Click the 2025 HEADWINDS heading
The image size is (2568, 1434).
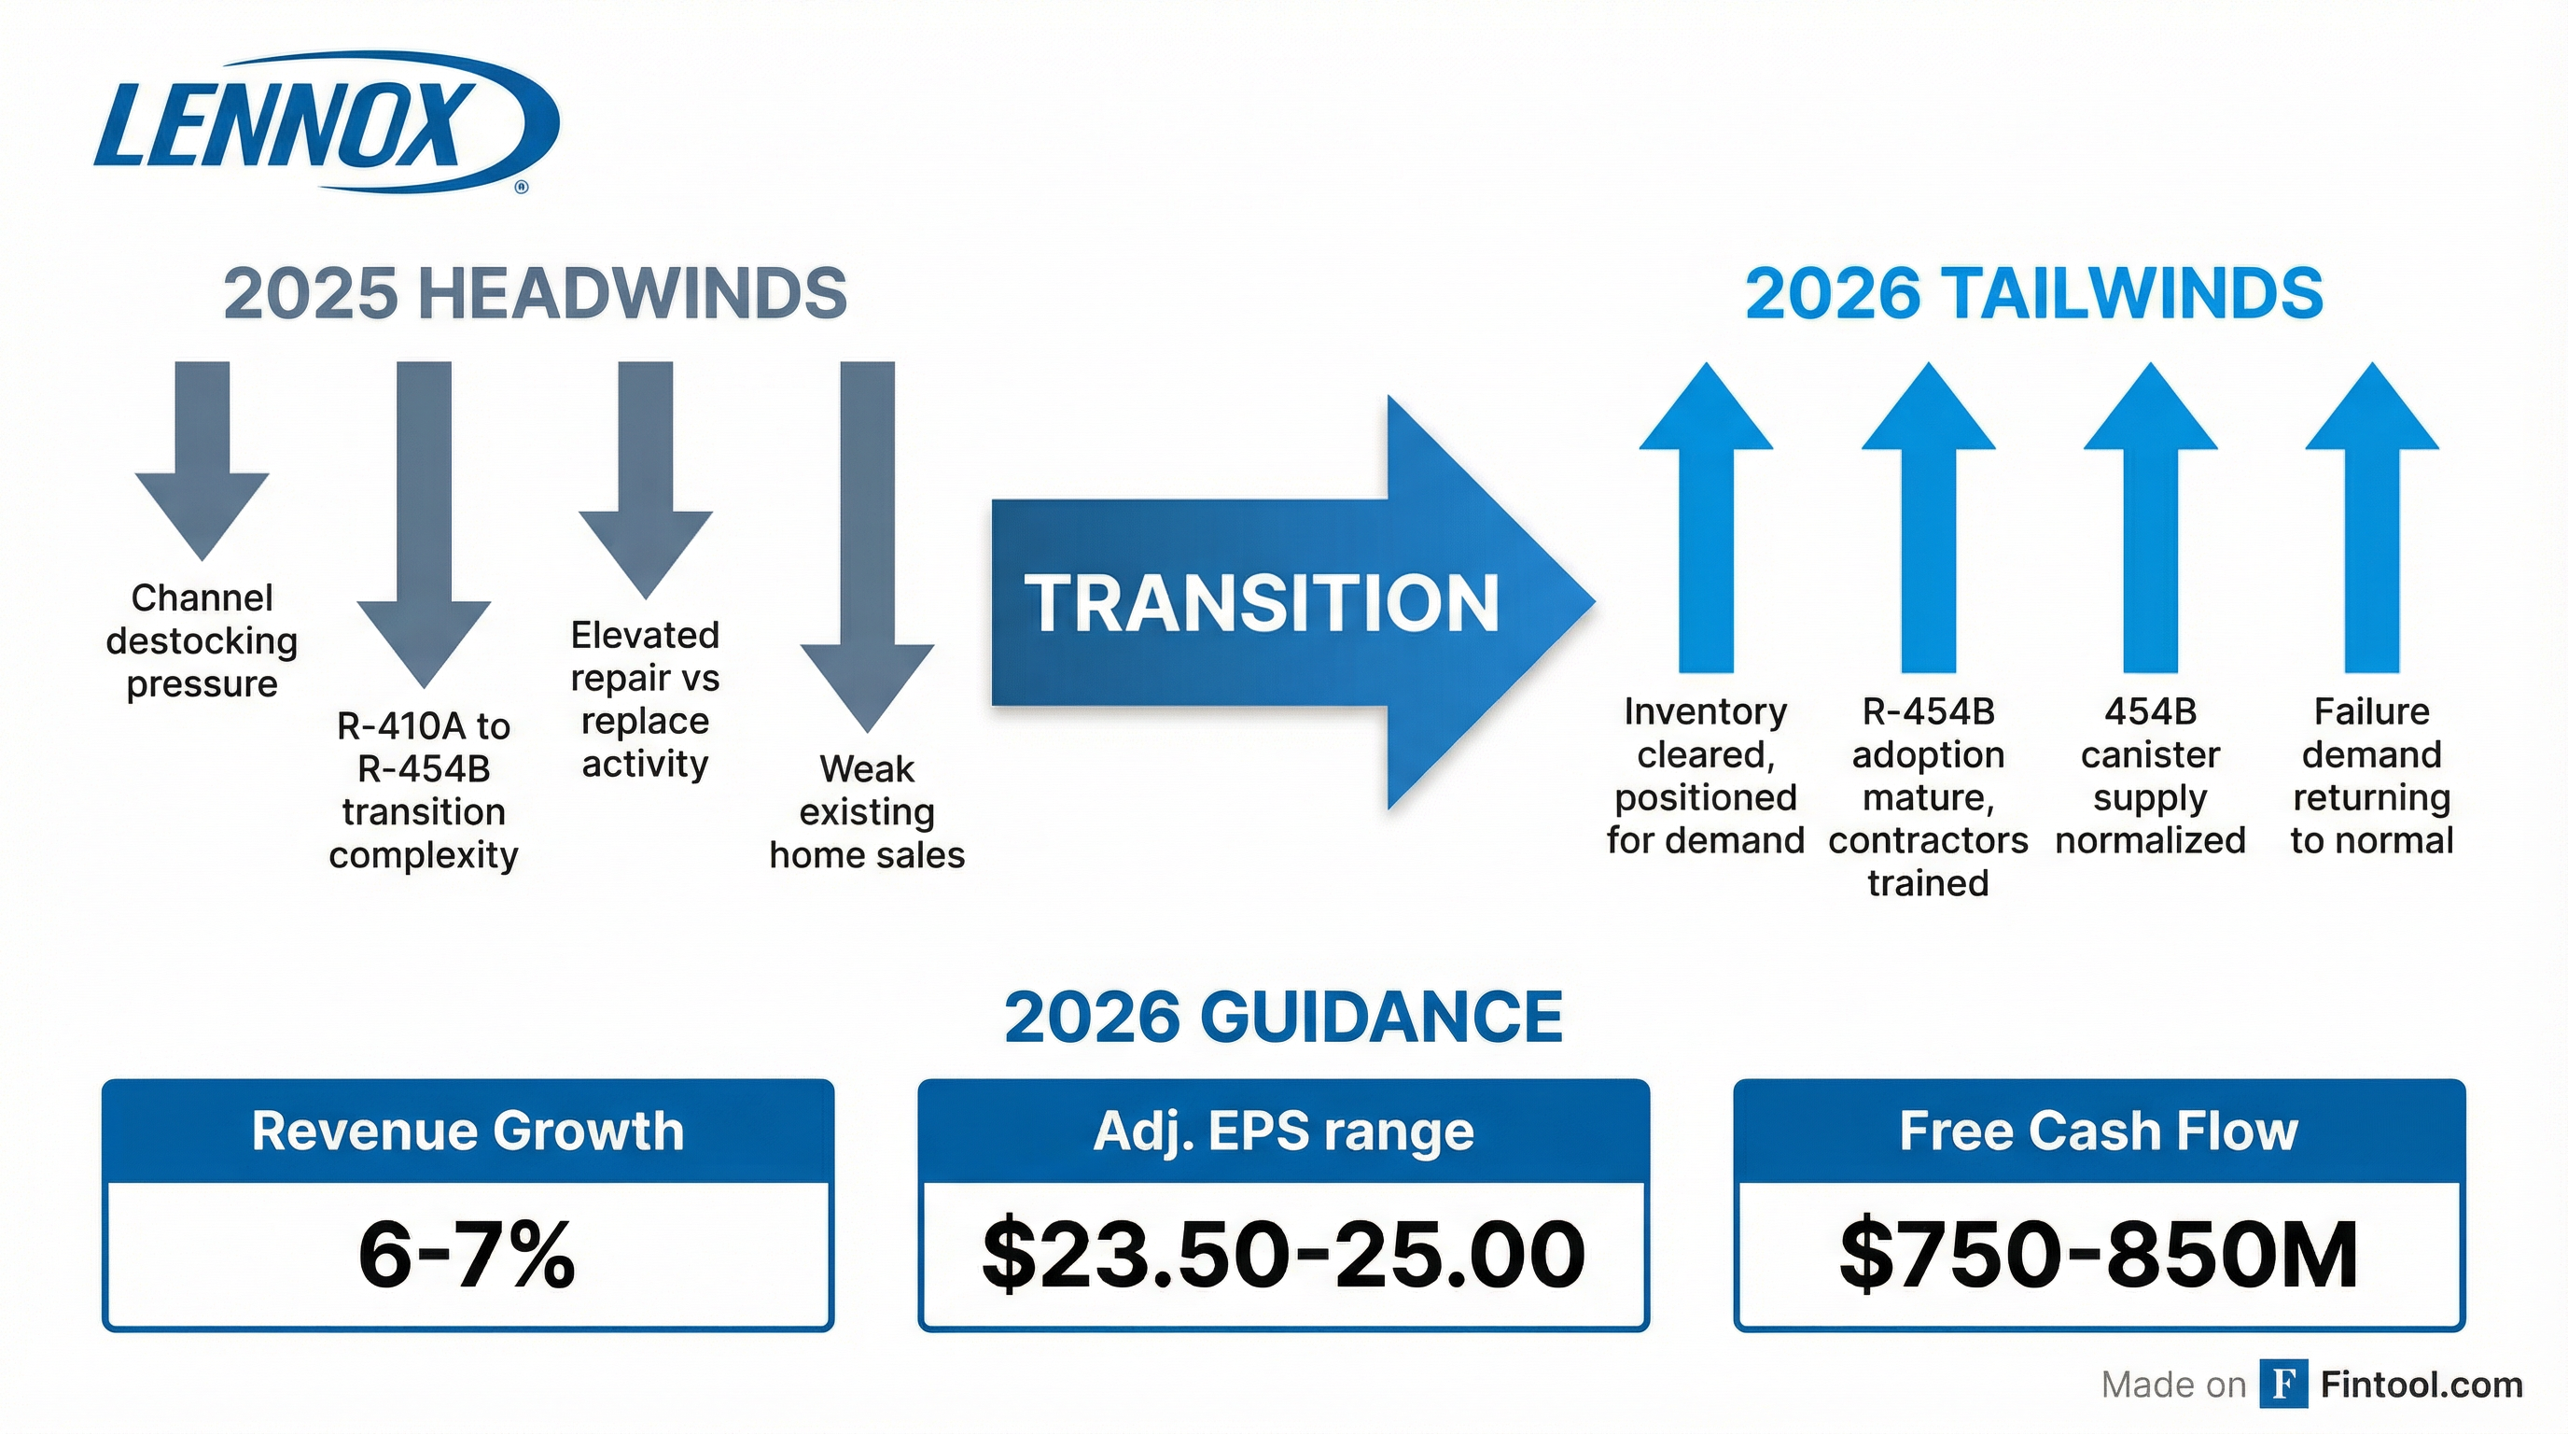pyautogui.click(x=535, y=293)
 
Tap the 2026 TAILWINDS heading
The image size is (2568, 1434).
pyautogui.click(x=2033, y=293)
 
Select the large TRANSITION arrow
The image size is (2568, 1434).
pyautogui.click(x=1286, y=602)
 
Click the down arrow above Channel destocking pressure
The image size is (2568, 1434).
pyautogui.click(x=202, y=458)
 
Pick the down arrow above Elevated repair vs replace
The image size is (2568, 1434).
pyautogui.click(x=646, y=479)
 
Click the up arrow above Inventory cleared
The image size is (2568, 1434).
pyautogui.click(x=1706, y=518)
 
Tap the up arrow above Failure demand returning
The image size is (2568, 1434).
pyautogui.click(x=2372, y=518)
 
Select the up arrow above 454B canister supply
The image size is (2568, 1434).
pyautogui.click(x=2150, y=518)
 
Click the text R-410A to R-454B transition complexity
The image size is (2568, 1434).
pyautogui.click(x=424, y=790)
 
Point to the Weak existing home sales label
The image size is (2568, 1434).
pyautogui.click(x=867, y=811)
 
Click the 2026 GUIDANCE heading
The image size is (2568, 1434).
pyautogui.click(x=1283, y=1018)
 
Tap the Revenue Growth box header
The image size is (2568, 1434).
pyautogui.click(x=468, y=1131)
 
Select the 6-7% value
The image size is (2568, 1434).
pyautogui.click(x=468, y=1255)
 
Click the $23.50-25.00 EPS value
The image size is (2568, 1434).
pyautogui.click(x=1283, y=1255)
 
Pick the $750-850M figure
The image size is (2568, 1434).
pyautogui.click(x=2099, y=1255)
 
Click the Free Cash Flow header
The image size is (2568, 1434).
pyautogui.click(x=2099, y=1131)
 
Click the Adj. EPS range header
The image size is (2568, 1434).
pyautogui.click(x=1283, y=1131)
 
